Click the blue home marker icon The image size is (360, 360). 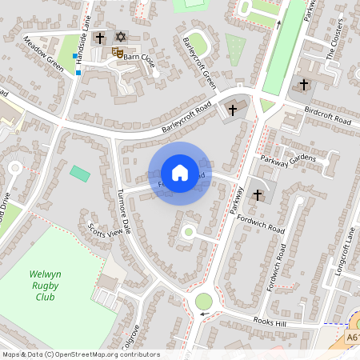pyautogui.click(x=179, y=173)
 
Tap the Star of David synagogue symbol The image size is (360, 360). pyautogui.click(x=122, y=37)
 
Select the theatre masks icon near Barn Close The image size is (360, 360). pyautogui.click(x=117, y=53)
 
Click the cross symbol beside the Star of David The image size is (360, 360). pyautogui.click(x=101, y=38)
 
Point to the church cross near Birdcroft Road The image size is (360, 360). pyautogui.click(x=303, y=84)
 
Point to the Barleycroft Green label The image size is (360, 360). pyautogui.click(x=198, y=62)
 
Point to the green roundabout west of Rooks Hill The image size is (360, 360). pyautogui.click(x=204, y=302)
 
